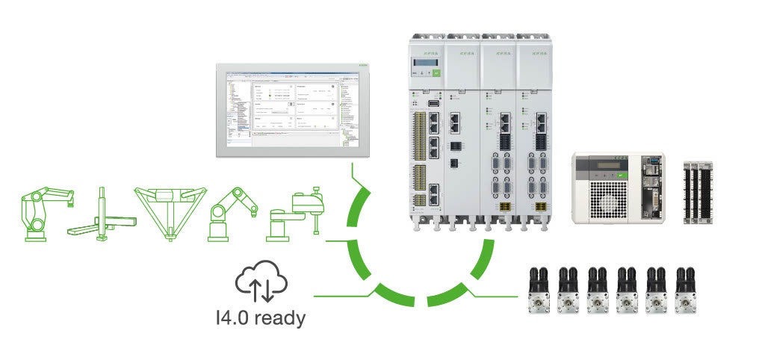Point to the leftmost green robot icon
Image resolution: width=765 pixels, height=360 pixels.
pos(45,213)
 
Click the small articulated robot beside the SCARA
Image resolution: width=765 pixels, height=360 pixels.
pos(233,212)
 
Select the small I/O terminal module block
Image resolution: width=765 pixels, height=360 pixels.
pos(697,192)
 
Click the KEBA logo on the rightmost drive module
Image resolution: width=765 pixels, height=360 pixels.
pos(536,54)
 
